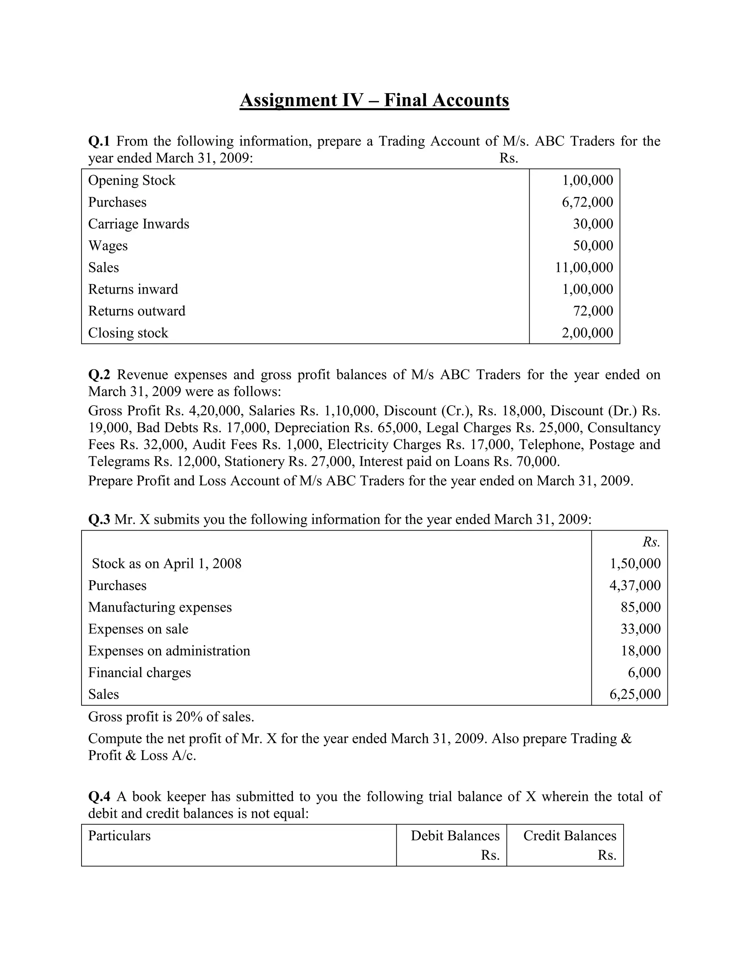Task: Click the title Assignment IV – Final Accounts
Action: coord(374,100)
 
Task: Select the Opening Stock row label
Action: coord(131,181)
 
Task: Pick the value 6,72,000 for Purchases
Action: coord(587,202)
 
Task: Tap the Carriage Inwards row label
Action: coord(139,224)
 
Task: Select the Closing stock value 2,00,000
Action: coord(587,333)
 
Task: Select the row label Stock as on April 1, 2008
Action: coord(166,564)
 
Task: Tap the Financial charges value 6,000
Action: coord(644,672)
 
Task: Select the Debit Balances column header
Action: coord(455,836)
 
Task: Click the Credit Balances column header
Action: coord(569,836)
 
